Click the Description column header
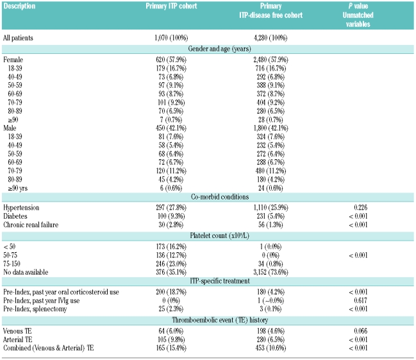[x=21, y=6]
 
